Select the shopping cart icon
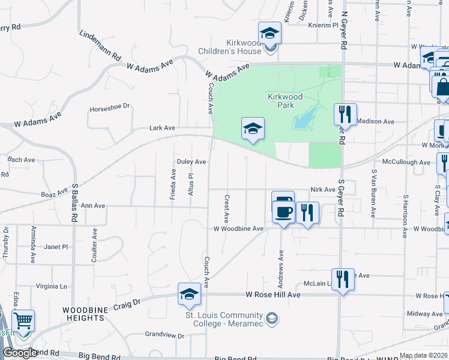[x=23, y=322]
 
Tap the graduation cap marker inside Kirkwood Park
[x=253, y=128]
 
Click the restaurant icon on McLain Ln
[x=343, y=280]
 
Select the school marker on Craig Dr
[x=190, y=294]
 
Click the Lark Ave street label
[x=162, y=128]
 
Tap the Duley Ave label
[x=191, y=162]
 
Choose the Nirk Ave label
[x=322, y=190]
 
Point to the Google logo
[x=20, y=353]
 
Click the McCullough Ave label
[x=406, y=162]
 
